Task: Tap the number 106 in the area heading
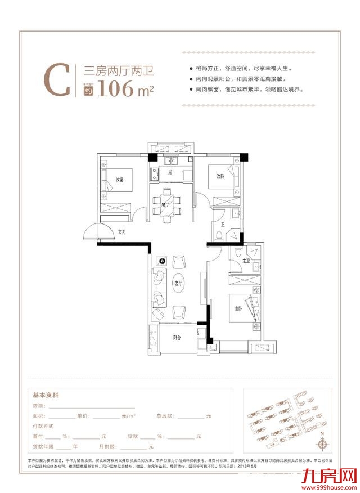(x=116, y=89)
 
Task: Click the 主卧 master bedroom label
(x=238, y=308)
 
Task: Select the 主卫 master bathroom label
(x=245, y=261)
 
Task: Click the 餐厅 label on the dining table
(x=165, y=205)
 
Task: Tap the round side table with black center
(x=161, y=261)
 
